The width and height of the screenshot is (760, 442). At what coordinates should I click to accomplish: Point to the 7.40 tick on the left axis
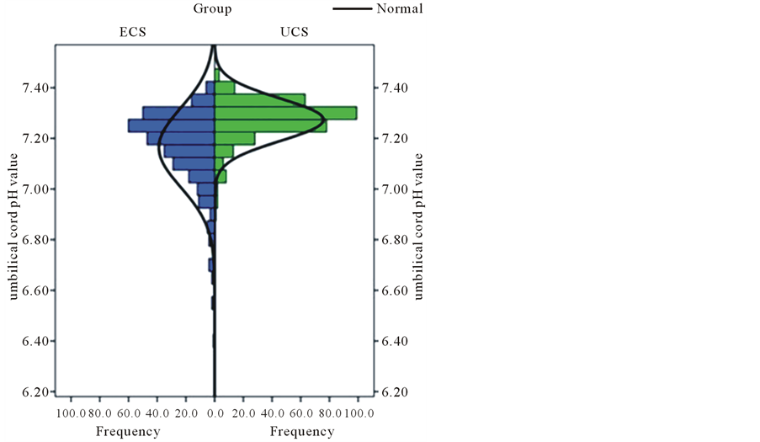tap(40, 88)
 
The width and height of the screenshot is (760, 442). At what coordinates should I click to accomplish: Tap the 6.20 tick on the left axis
tap(40, 391)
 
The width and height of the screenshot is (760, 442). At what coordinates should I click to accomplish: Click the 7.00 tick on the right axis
tap(396, 189)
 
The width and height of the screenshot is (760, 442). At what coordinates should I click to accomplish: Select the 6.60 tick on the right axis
tap(396, 290)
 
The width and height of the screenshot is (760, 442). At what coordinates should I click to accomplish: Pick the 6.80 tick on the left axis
tap(40, 240)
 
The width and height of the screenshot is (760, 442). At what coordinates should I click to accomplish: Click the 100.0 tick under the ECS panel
tap(71, 413)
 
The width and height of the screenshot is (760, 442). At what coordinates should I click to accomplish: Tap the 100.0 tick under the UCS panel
tap(359, 413)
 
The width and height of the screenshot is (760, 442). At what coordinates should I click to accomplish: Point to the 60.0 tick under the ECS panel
tap(129, 413)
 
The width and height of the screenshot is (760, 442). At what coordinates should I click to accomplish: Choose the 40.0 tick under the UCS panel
tap(273, 413)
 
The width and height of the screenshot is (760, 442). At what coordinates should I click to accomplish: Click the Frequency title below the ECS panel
tap(128, 432)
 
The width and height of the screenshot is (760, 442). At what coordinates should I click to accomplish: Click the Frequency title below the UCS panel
tap(302, 432)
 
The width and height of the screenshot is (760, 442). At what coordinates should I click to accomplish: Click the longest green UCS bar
tap(286, 113)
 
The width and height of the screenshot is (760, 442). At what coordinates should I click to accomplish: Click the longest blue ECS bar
tap(172, 125)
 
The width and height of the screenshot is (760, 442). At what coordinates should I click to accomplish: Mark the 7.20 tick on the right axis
tap(396, 138)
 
